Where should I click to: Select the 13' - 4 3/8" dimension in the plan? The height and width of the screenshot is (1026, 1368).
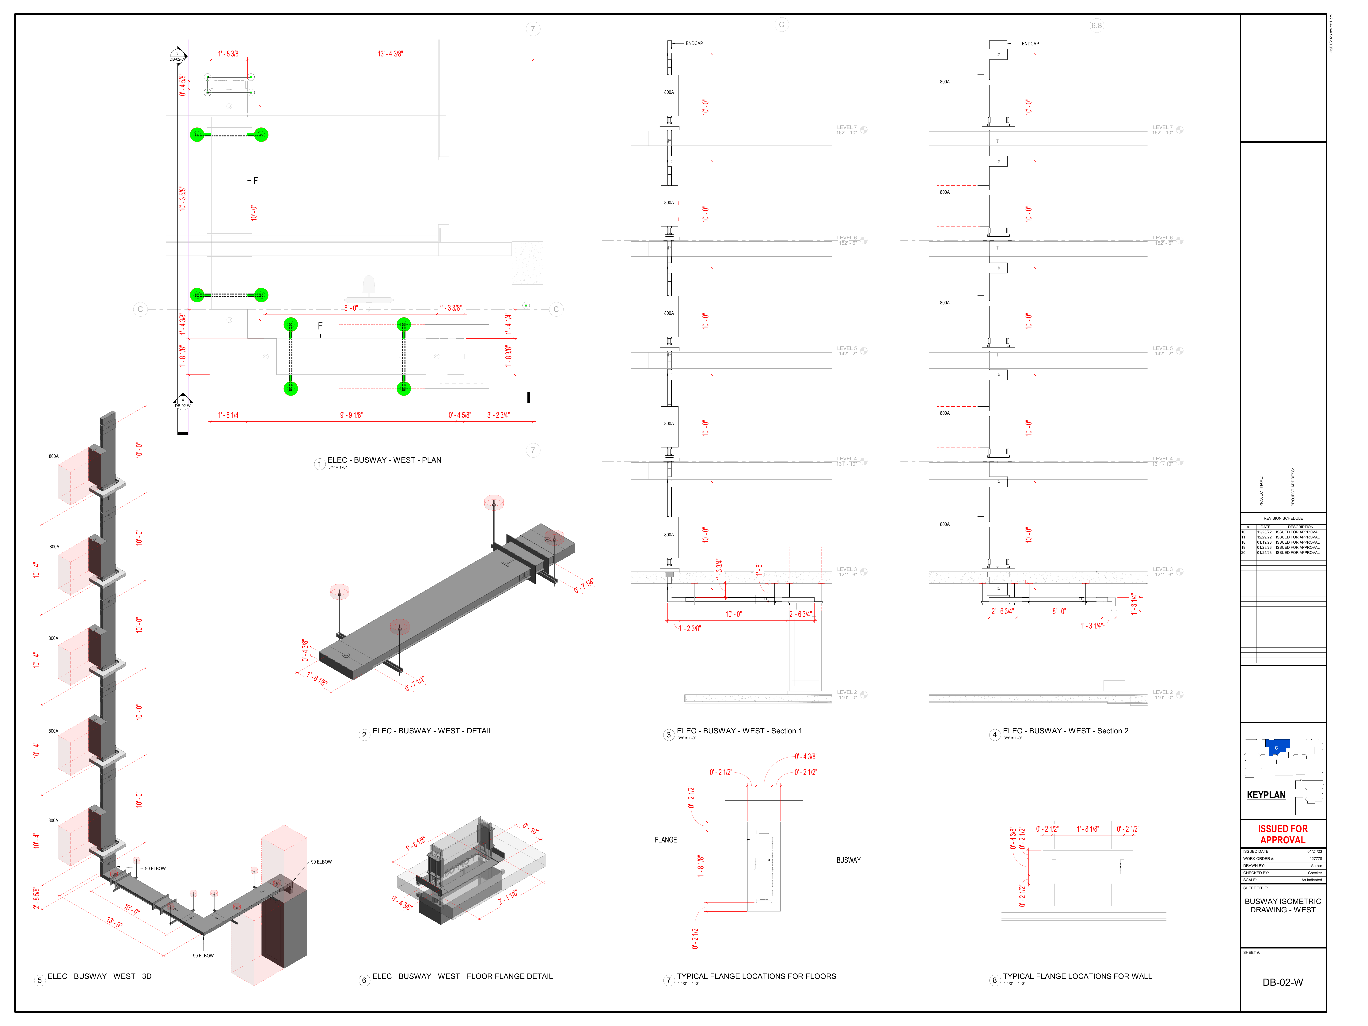click(x=390, y=54)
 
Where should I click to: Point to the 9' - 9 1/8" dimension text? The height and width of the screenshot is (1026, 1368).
click(x=351, y=415)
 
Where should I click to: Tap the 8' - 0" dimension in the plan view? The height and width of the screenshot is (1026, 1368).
click(x=351, y=308)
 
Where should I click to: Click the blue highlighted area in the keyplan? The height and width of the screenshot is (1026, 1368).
click(x=1276, y=747)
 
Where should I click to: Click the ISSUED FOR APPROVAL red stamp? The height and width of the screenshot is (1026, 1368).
click(x=1283, y=834)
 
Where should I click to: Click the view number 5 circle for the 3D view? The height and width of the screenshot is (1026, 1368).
click(x=40, y=980)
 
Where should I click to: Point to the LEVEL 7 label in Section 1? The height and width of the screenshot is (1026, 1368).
click(x=847, y=127)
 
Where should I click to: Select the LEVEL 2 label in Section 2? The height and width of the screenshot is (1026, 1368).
click(x=1162, y=693)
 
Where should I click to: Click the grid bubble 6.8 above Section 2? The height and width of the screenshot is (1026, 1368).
click(x=1096, y=26)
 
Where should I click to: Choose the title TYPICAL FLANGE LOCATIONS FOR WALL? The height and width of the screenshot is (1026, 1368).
click(x=1077, y=977)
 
